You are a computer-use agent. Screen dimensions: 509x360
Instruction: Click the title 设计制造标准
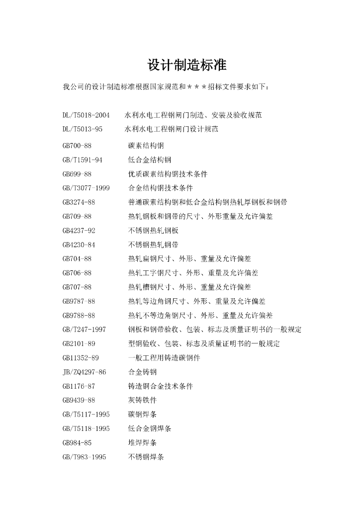[187, 66]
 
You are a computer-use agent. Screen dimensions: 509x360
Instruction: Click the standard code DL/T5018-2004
[86, 115]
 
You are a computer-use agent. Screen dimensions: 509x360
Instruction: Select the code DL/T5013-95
[83, 129]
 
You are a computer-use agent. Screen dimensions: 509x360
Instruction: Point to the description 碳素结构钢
[146, 146]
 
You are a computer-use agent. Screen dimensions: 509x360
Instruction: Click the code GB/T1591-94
[83, 160]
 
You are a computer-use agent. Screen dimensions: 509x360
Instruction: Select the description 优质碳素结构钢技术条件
[168, 174]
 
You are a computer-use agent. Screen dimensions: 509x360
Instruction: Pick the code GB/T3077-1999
[86, 188]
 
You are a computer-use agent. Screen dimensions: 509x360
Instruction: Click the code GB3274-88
[79, 202]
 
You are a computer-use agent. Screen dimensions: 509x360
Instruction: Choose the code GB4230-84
[79, 245]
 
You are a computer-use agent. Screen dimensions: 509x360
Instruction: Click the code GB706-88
[77, 273]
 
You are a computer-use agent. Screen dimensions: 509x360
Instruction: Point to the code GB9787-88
[79, 301]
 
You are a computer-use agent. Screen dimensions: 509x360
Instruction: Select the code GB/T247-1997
[85, 330]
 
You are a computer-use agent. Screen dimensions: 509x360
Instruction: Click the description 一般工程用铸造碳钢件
[164, 358]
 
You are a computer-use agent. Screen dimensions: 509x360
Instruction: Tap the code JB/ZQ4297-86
[85, 372]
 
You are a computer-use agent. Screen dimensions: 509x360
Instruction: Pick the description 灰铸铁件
[143, 400]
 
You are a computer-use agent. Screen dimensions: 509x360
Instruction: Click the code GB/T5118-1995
[86, 428]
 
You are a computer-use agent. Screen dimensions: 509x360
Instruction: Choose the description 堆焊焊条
[143, 442]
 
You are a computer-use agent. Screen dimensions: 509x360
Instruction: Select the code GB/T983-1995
[85, 457]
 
